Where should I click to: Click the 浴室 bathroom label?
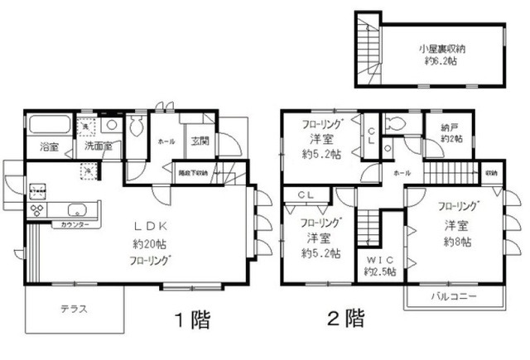tap(49, 148)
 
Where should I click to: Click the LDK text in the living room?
tap(150, 226)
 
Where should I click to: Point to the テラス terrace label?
tap(74, 309)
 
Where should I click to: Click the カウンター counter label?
tap(72, 224)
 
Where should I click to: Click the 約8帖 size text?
tap(456, 242)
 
